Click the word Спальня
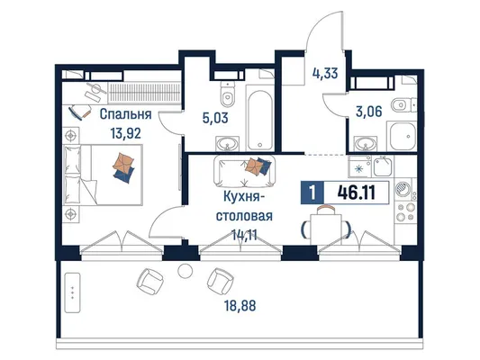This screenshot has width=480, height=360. (x=125, y=115)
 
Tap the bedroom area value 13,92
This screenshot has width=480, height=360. (x=126, y=133)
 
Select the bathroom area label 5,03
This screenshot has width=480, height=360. (x=215, y=118)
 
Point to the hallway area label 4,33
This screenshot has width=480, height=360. (x=325, y=74)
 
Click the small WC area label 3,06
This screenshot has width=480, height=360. (x=369, y=112)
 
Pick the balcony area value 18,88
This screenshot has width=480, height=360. (x=240, y=306)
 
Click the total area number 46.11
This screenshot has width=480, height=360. (x=357, y=193)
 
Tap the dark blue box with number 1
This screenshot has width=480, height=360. (x=312, y=193)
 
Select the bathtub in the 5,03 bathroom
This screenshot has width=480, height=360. (x=260, y=121)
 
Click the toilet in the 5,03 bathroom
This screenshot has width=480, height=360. (x=227, y=94)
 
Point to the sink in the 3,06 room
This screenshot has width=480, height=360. (x=366, y=143)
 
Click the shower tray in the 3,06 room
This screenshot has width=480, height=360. (x=402, y=136)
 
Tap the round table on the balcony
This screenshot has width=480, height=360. (x=186, y=271)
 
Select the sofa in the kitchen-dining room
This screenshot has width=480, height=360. (x=245, y=170)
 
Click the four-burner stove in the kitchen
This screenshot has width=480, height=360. (x=405, y=212)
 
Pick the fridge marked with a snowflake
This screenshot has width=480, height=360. (x=359, y=166)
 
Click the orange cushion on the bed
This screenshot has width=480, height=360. (x=123, y=162)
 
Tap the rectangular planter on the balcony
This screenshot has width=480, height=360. (x=73, y=292)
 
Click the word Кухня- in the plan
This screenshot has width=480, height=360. (x=242, y=197)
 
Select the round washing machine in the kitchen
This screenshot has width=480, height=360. (x=403, y=190)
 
